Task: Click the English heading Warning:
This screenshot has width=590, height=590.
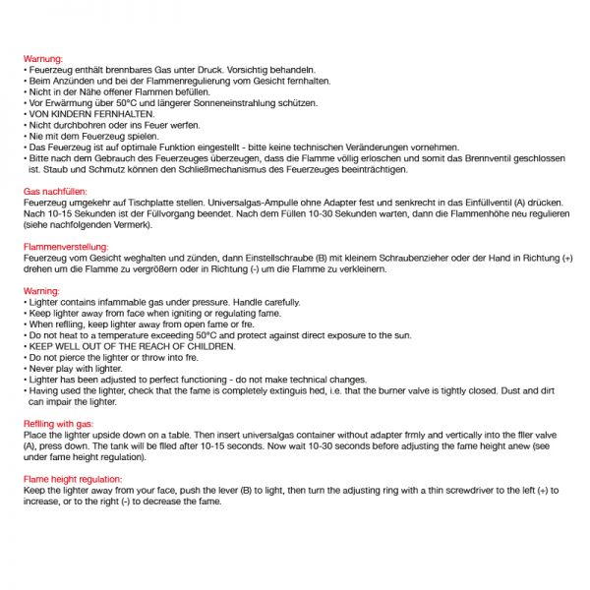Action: pos(41,292)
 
